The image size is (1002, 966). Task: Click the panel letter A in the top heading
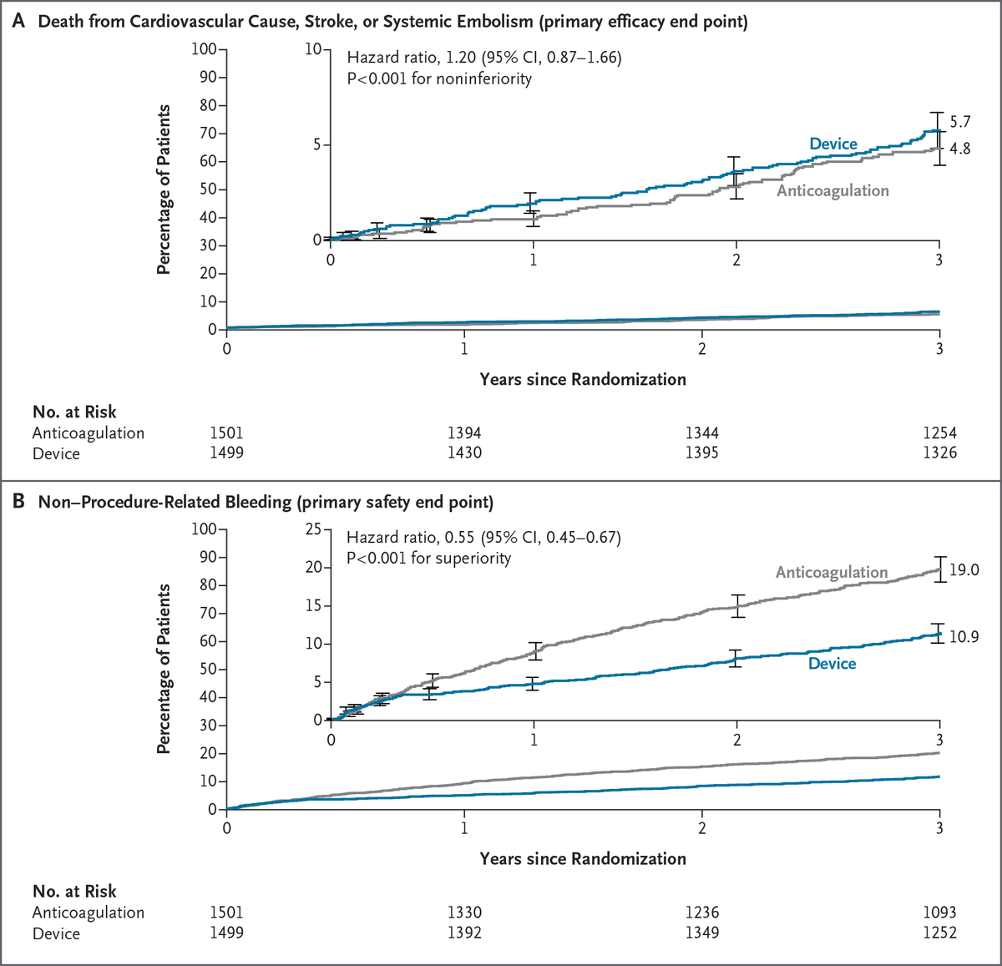(x=18, y=23)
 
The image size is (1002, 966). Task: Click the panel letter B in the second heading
(x=18, y=503)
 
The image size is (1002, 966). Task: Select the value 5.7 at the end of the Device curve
(x=960, y=123)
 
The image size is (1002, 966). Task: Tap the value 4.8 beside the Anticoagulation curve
(x=960, y=149)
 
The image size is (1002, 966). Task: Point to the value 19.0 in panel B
(x=964, y=571)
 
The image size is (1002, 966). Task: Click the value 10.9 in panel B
(x=964, y=637)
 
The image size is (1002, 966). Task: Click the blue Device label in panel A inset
(x=833, y=144)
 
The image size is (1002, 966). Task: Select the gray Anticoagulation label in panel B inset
(x=832, y=573)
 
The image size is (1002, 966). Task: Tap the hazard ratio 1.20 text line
(x=483, y=58)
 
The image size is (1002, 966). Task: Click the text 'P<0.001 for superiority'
(x=428, y=558)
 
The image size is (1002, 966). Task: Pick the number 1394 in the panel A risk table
(x=464, y=433)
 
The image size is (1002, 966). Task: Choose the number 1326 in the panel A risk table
(x=939, y=453)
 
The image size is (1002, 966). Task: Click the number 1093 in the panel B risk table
(x=939, y=913)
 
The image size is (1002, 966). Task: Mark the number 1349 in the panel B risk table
(x=701, y=933)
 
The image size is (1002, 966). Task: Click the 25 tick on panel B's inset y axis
(x=314, y=529)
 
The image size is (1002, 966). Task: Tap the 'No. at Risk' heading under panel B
(x=74, y=891)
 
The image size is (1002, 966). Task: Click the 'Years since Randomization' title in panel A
(x=583, y=380)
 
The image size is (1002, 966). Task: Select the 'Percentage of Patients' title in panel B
(x=164, y=669)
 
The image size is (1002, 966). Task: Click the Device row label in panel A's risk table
(x=56, y=453)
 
